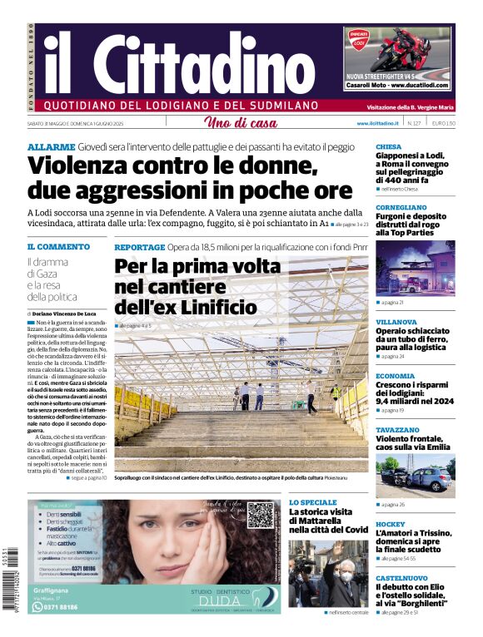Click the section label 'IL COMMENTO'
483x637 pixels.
coord(58,247)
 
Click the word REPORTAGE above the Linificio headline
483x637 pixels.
coord(139,247)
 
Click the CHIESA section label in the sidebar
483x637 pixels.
coord(388,146)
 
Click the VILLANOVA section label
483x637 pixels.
coord(396,321)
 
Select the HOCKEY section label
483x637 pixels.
coord(390,524)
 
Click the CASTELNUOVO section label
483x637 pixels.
coord(401,577)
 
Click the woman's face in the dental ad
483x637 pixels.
coord(200,541)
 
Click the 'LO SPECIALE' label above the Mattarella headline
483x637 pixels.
coord(313,503)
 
